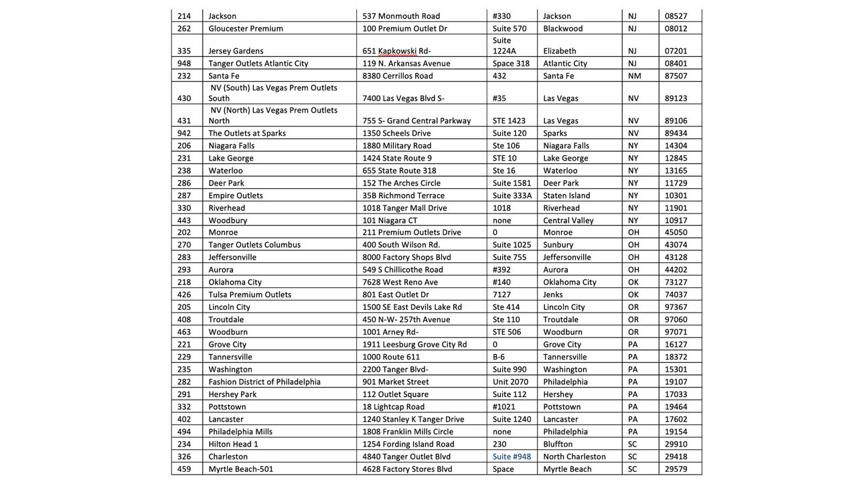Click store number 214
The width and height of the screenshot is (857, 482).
[x=184, y=16]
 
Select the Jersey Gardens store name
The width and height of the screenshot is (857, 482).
[x=236, y=51]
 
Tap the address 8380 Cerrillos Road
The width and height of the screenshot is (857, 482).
[x=398, y=76]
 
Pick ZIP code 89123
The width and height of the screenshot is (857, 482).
[x=676, y=98]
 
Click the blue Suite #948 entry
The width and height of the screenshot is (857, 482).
[x=512, y=457]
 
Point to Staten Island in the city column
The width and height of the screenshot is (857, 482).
[x=566, y=195]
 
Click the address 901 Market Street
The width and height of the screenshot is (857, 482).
[x=396, y=382]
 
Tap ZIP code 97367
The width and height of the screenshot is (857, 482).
[x=676, y=307]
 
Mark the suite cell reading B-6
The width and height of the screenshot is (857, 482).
[x=499, y=357]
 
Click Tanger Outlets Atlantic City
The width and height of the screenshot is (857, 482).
[x=258, y=64]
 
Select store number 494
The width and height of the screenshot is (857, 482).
[x=184, y=432]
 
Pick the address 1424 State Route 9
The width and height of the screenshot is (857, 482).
[x=397, y=158]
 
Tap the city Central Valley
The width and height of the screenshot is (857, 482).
[x=568, y=220]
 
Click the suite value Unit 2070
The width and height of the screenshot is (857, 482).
[x=510, y=382]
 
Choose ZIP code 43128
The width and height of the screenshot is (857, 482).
[x=676, y=257]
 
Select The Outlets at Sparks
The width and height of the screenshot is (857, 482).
[x=247, y=133]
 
